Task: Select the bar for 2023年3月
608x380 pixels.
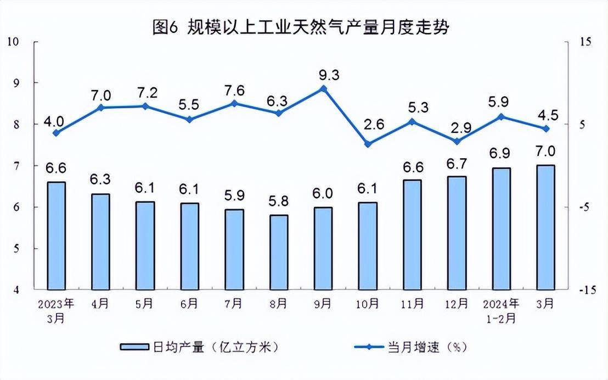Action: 56,235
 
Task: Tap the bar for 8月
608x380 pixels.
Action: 279,252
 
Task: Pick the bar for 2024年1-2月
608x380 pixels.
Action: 501,228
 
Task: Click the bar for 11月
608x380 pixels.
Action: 412,234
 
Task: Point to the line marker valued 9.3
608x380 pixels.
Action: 323,88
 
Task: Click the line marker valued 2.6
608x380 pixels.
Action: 368,144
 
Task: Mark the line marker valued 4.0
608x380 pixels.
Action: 56,132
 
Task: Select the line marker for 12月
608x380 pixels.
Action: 457,141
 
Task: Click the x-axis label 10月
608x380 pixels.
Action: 368,303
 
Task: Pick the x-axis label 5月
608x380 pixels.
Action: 145,303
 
